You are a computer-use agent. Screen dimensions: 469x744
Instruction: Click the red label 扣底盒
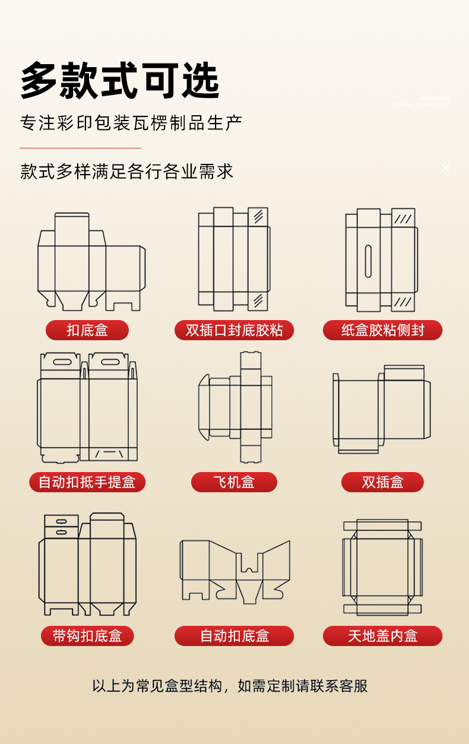[87, 330]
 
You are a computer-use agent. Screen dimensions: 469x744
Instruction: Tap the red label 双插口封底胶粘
[234, 330]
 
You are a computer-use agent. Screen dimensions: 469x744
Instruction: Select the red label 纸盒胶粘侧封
[382, 330]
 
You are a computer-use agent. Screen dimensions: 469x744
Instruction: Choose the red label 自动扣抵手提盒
[87, 482]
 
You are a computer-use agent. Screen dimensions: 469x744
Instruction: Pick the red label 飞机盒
[234, 482]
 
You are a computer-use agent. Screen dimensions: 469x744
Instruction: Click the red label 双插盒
[382, 482]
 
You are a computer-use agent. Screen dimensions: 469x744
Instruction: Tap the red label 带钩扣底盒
[87, 636]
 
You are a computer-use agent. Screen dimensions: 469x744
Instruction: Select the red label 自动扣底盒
[234, 636]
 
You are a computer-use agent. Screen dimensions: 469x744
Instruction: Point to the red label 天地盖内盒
[382, 636]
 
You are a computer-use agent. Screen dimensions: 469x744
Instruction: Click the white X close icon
[445, 168]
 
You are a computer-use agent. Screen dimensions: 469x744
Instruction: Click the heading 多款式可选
[120, 80]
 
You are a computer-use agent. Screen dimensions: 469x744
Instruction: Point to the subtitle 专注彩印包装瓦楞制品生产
[131, 123]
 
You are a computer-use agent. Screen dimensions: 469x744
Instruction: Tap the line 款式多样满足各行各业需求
[126, 171]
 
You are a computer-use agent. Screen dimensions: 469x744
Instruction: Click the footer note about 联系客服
[230, 686]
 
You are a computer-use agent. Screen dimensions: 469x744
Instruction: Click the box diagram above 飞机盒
[235, 407]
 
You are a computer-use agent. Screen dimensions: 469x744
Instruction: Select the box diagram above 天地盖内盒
[382, 567]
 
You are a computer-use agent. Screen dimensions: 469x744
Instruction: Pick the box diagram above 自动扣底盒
[235, 570]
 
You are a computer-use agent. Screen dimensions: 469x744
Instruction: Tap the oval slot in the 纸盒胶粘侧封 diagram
[368, 261]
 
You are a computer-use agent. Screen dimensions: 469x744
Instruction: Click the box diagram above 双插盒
[381, 410]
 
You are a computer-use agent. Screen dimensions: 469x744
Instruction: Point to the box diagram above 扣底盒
[90, 261]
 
